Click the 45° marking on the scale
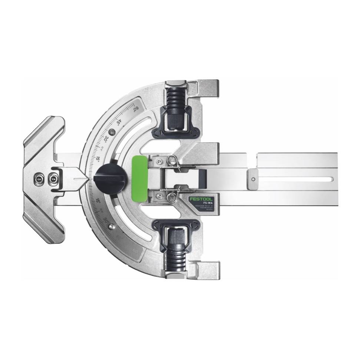click(119, 121)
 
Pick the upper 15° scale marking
click(98, 159)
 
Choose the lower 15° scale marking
click(98, 200)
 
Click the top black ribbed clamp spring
click(175, 97)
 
